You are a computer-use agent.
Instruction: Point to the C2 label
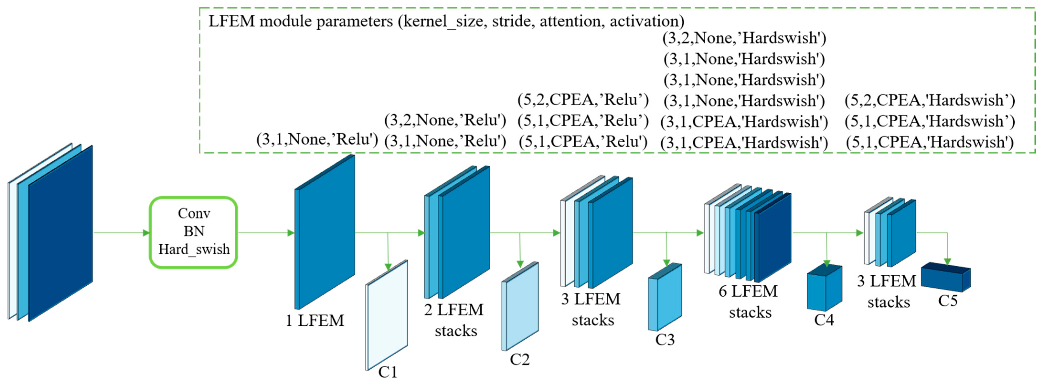[x=519, y=359]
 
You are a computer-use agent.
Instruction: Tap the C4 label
[x=824, y=320]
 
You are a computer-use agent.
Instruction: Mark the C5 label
[x=948, y=301]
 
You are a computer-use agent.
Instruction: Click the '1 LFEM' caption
[x=314, y=320]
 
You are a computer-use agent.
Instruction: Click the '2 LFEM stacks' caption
[x=454, y=320]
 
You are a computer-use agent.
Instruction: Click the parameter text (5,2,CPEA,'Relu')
[x=583, y=99]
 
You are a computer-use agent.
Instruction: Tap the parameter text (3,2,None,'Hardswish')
[x=744, y=38]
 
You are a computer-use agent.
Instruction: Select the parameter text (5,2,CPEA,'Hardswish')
[x=930, y=100]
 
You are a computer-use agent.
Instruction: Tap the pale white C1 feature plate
[x=387, y=316]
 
